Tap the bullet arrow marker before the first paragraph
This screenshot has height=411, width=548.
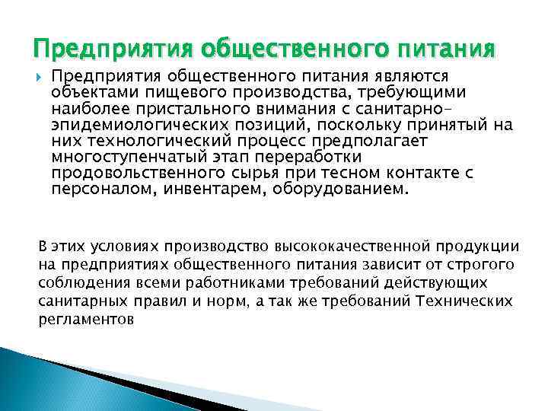39,77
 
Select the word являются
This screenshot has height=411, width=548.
415,77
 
